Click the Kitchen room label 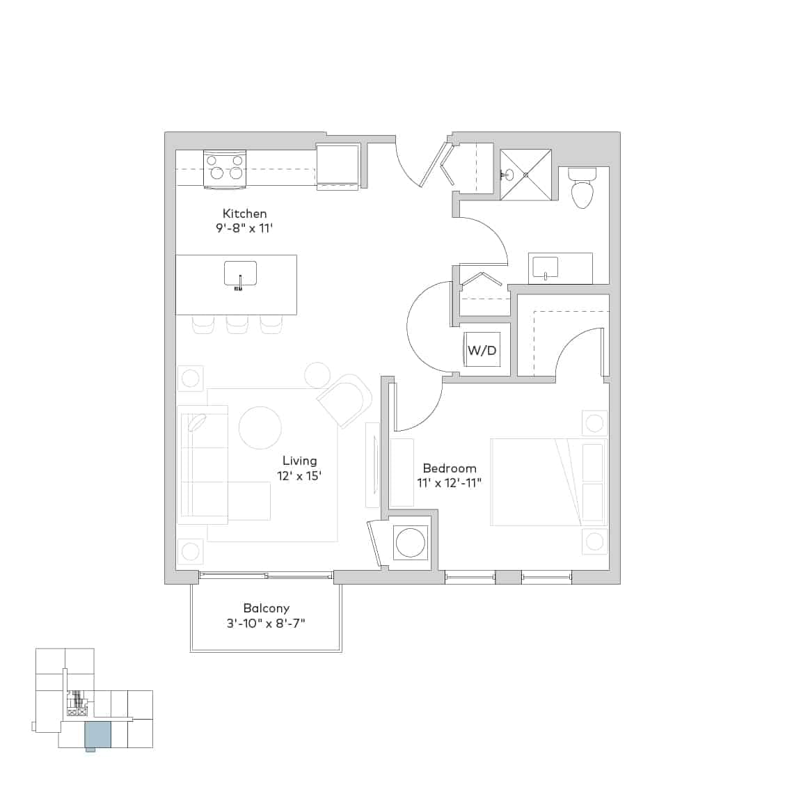244,214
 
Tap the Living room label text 299,461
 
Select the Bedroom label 450,468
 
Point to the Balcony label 266,608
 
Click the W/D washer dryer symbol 482,350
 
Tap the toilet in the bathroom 581,188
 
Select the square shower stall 525,175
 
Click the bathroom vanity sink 545,267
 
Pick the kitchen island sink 240,273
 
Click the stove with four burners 225,169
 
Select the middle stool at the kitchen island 237,324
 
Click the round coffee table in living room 260,427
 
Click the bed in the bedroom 536,482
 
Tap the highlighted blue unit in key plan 97,734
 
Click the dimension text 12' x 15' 299,477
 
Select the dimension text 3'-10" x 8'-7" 266,624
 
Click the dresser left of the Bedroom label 402,473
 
